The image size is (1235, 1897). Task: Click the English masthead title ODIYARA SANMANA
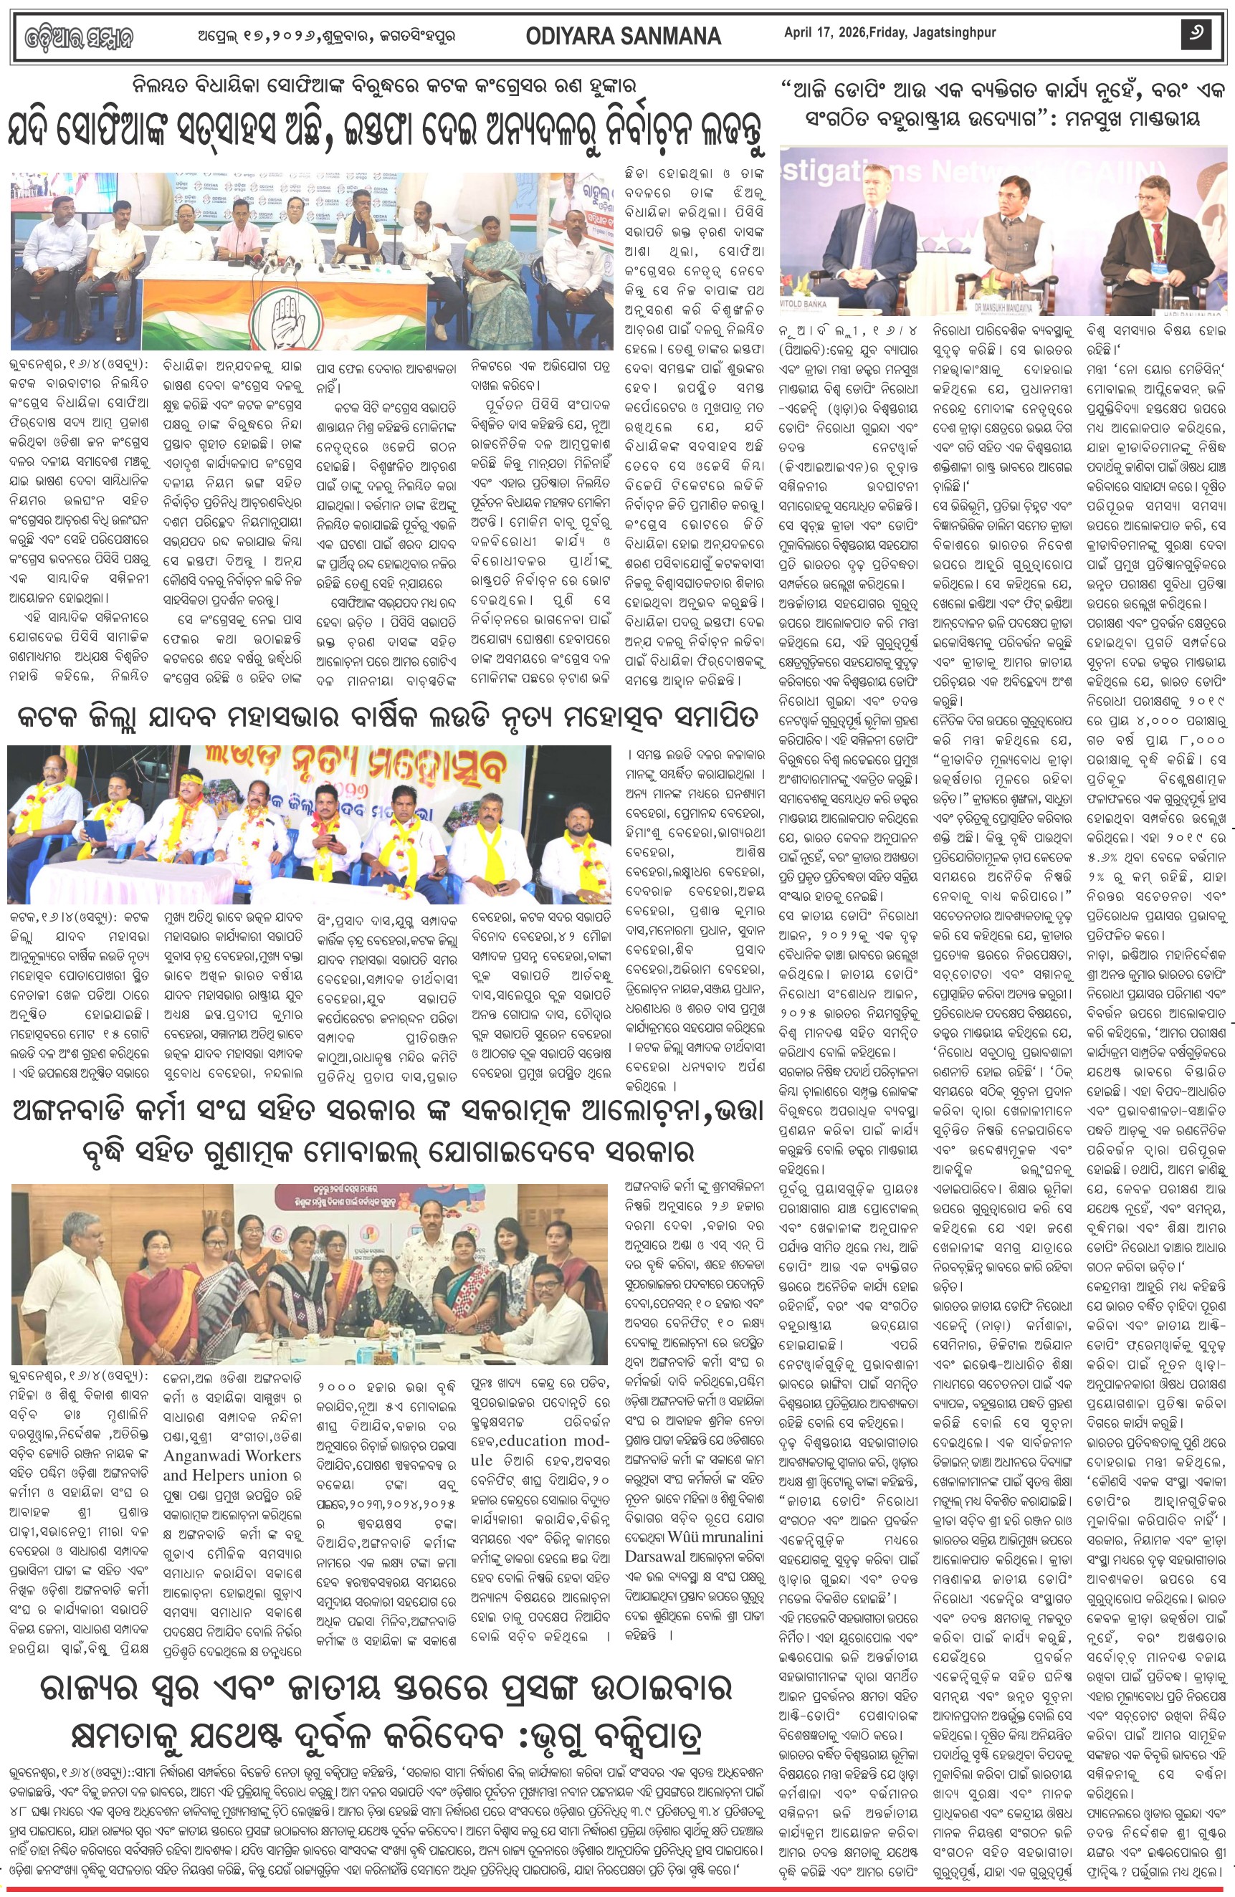coord(624,37)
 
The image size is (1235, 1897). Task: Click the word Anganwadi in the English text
coord(208,1456)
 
